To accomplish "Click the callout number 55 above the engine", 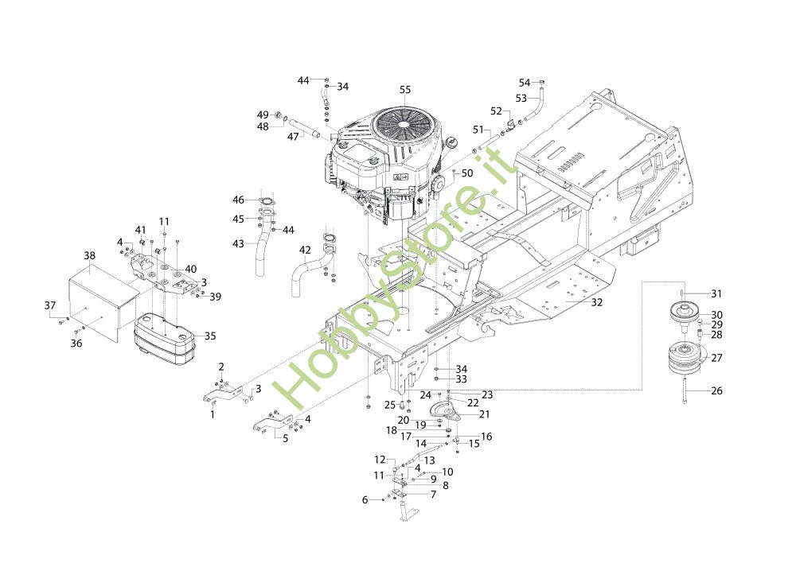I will (405, 91).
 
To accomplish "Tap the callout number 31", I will (716, 293).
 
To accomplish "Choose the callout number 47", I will (293, 137).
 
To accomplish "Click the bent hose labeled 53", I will (537, 107).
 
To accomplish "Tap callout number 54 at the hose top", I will (525, 83).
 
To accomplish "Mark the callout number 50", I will (467, 173).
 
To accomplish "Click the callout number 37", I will (50, 306).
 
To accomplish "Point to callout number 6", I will (365, 499).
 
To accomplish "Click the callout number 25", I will (390, 405).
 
